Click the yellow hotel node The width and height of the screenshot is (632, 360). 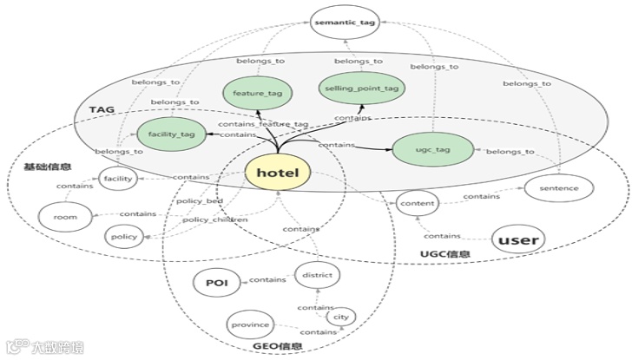pyautogui.click(x=277, y=173)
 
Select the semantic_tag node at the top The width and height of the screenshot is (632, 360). pyautogui.click(x=345, y=23)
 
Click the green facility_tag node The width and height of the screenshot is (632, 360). pyautogui.click(x=172, y=135)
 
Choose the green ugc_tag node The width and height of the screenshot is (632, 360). pyautogui.click(x=431, y=149)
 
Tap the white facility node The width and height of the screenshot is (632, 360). pyautogui.click(x=117, y=179)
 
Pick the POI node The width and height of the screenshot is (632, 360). pyautogui.click(x=216, y=283)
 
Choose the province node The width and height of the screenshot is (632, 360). pyautogui.click(x=250, y=325)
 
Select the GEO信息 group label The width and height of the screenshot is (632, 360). pyautogui.click(x=279, y=347)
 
